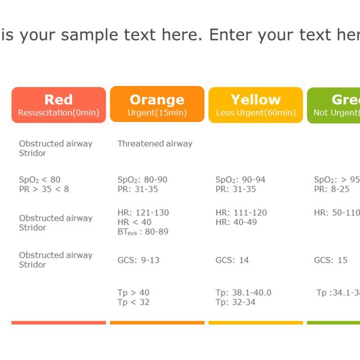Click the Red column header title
click(x=58, y=100)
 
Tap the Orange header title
click(x=157, y=100)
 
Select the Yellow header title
click(x=255, y=100)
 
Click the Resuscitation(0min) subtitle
click(x=58, y=112)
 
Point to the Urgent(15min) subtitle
click(x=157, y=112)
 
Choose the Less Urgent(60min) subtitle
click(x=255, y=112)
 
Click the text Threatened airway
click(x=155, y=143)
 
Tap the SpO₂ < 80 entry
click(x=39, y=180)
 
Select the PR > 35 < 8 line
click(x=44, y=189)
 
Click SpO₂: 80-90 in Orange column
click(x=142, y=180)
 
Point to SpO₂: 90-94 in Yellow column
click(x=240, y=180)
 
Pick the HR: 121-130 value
click(x=143, y=213)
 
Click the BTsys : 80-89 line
click(x=143, y=232)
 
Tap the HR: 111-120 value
click(x=241, y=213)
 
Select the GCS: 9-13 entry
click(x=138, y=260)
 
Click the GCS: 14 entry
click(x=232, y=260)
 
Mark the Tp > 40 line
click(x=133, y=292)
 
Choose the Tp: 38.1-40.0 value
click(x=243, y=292)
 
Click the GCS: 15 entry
click(x=331, y=260)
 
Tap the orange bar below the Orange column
click(x=157, y=323)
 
